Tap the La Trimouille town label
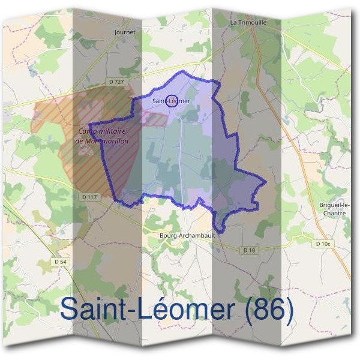coord(248,22)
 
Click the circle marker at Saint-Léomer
coord(172,101)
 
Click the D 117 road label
coord(88,197)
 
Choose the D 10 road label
coord(250,250)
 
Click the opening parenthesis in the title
coord(239,311)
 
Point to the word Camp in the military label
coord(87,131)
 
